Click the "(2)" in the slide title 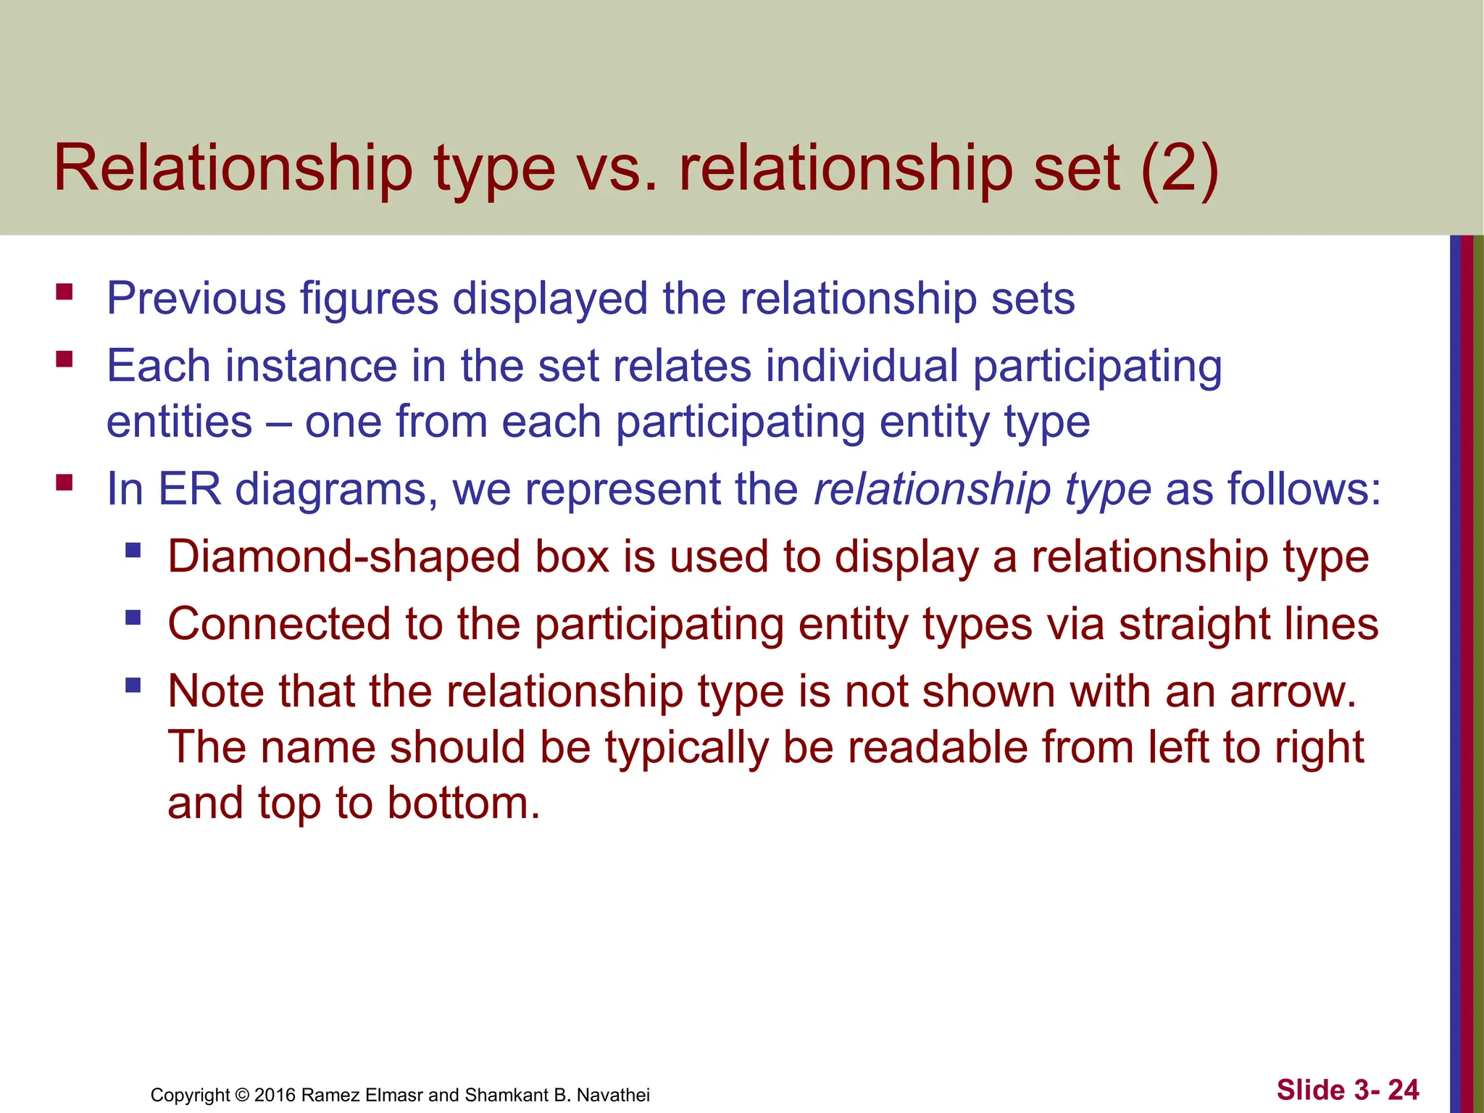pos(1180,170)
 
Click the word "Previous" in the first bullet pos(196,299)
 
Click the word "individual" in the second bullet pos(862,365)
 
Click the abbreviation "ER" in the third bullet pos(189,489)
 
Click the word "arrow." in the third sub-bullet pos(1293,692)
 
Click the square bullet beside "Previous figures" pos(64,292)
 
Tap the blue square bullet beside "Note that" pos(133,685)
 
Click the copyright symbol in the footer pos(242,1095)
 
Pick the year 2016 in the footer pos(275,1095)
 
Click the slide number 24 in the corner pos(1403,1090)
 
